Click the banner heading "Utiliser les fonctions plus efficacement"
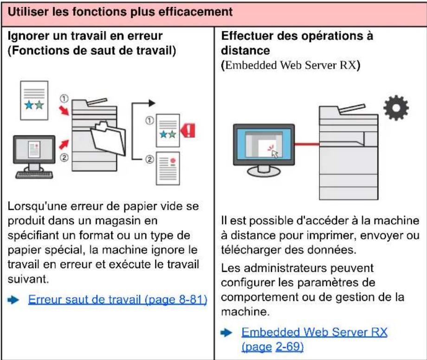[x=122, y=12]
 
